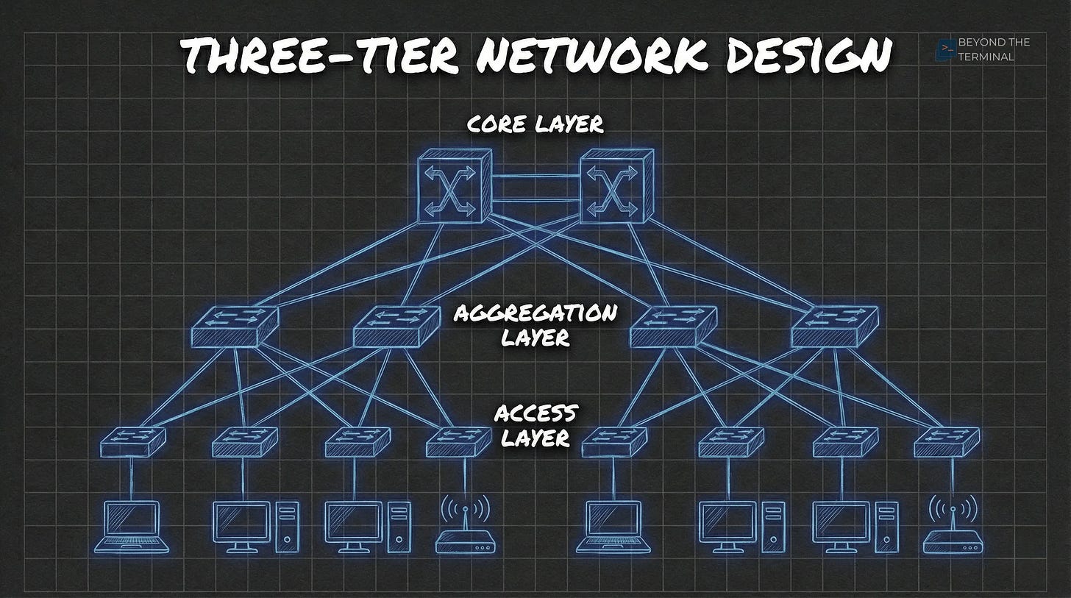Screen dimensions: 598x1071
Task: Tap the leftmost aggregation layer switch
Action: click(x=234, y=327)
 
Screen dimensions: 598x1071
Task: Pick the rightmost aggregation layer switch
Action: click(x=834, y=327)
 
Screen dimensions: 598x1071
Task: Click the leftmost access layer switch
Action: click(x=132, y=441)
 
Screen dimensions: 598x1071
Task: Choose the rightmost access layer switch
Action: click(x=947, y=441)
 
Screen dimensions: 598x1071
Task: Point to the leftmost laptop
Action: click(x=132, y=526)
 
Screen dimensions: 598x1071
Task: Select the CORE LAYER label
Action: click(x=535, y=124)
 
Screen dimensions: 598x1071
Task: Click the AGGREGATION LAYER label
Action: click(x=535, y=325)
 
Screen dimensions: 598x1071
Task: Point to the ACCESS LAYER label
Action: click(x=535, y=425)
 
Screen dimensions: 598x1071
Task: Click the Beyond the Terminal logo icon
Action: click(x=945, y=49)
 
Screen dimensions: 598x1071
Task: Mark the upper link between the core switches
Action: click(x=535, y=175)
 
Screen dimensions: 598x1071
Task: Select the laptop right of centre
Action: click(x=613, y=526)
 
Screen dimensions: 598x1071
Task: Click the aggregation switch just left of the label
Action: click(x=396, y=327)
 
